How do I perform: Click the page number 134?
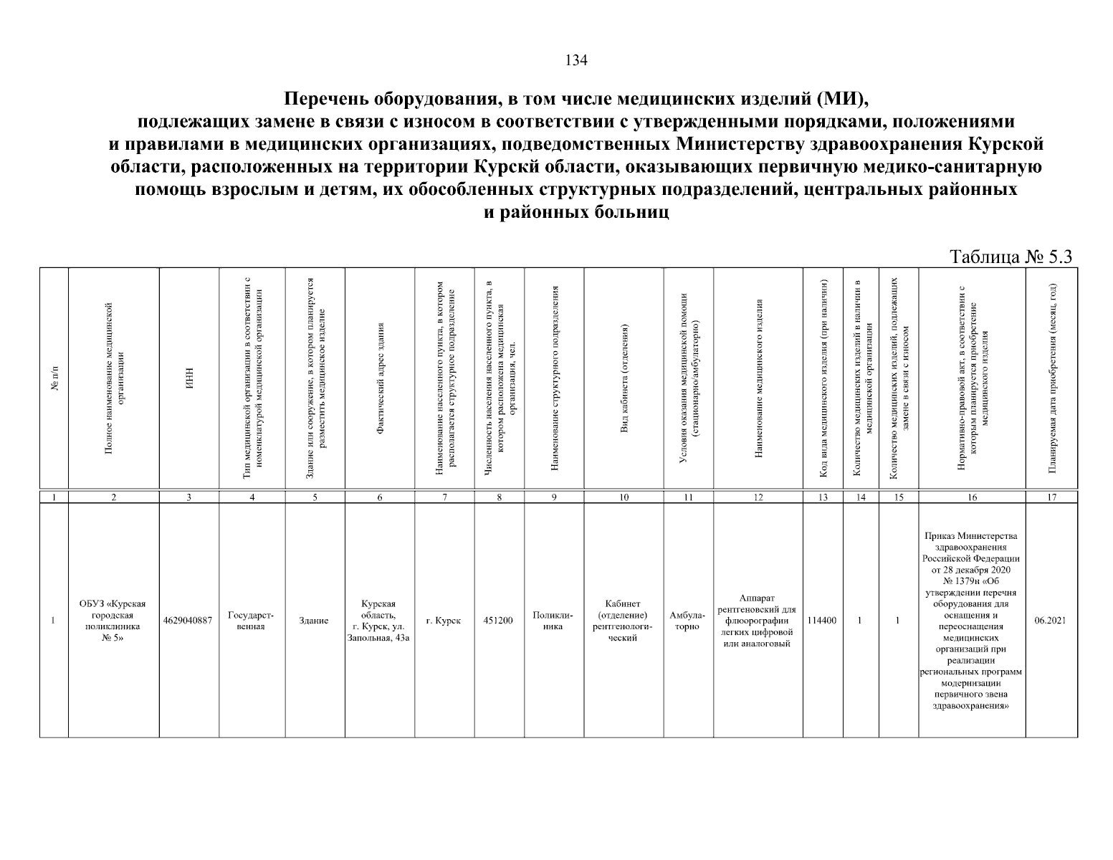point(576,60)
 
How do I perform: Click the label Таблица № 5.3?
point(1010,257)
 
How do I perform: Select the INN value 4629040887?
point(188,621)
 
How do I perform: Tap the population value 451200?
point(499,621)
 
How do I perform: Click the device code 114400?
point(823,621)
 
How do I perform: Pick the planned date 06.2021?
point(1051,621)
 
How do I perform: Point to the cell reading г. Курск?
point(444,621)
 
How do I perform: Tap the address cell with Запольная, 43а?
point(379,621)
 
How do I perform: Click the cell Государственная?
point(251,621)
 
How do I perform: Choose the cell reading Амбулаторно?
point(688,621)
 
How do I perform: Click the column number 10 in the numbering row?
point(624,497)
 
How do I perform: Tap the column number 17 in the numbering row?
point(1051,497)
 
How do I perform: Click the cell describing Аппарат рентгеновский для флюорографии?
point(758,621)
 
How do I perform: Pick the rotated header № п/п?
point(54,376)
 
